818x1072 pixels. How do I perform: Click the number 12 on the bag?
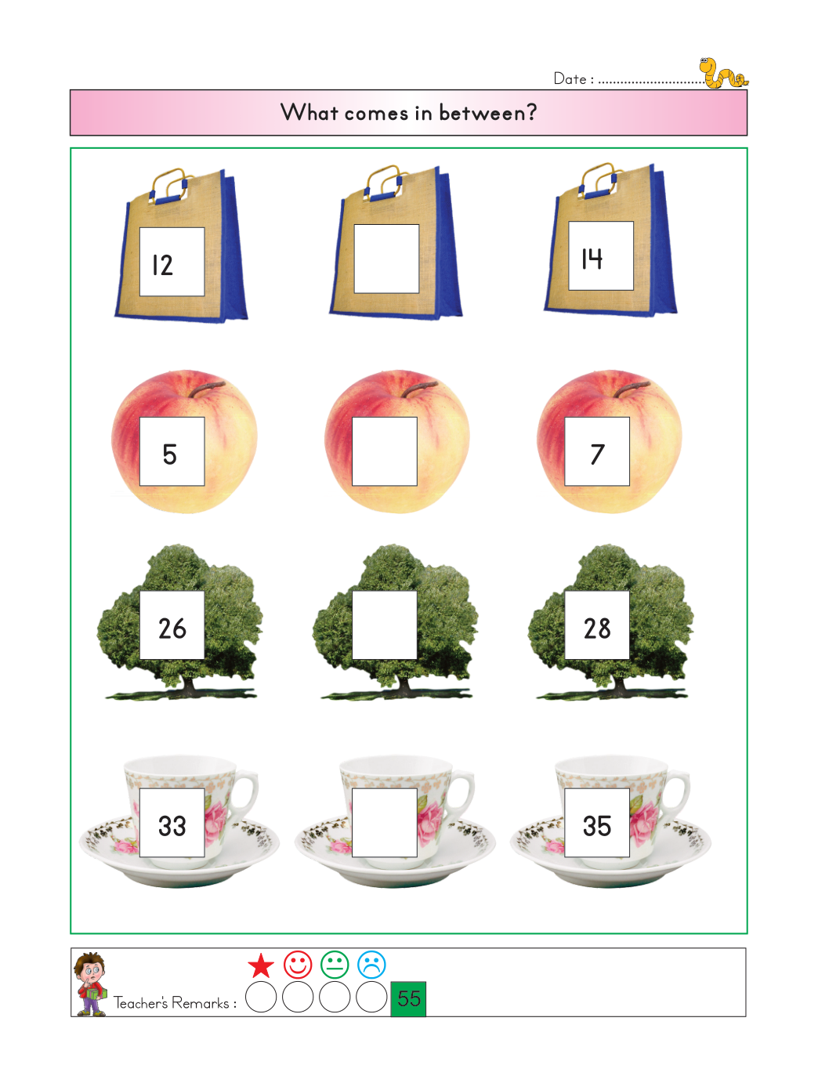pyautogui.click(x=162, y=265)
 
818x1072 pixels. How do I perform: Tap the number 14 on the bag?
pyautogui.click(x=592, y=259)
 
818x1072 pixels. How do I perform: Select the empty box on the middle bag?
pyautogui.click(x=386, y=259)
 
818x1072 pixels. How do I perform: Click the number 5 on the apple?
pyautogui.click(x=169, y=455)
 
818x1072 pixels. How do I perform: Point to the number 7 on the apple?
pyautogui.click(x=597, y=455)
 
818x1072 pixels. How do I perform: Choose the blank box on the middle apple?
pyautogui.click(x=385, y=451)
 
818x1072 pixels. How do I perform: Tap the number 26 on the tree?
pyautogui.click(x=172, y=628)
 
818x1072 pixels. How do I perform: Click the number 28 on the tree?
pyautogui.click(x=597, y=628)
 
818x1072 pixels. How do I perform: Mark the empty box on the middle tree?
pyautogui.click(x=385, y=625)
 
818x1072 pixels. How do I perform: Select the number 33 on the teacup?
pyautogui.click(x=172, y=826)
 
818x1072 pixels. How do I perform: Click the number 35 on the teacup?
pyautogui.click(x=597, y=826)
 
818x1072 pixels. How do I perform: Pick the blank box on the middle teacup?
pyautogui.click(x=385, y=823)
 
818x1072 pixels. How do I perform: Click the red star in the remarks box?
pyautogui.click(x=261, y=965)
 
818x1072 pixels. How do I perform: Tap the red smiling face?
pyautogui.click(x=298, y=965)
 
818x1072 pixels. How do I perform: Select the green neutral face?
pyautogui.click(x=335, y=965)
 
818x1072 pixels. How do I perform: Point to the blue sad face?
pyautogui.click(x=371, y=965)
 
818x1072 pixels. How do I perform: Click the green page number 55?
pyautogui.click(x=408, y=999)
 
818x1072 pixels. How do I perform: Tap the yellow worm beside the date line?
pyautogui.click(x=722, y=73)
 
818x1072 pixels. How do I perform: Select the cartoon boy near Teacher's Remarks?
pyautogui.click(x=90, y=983)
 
